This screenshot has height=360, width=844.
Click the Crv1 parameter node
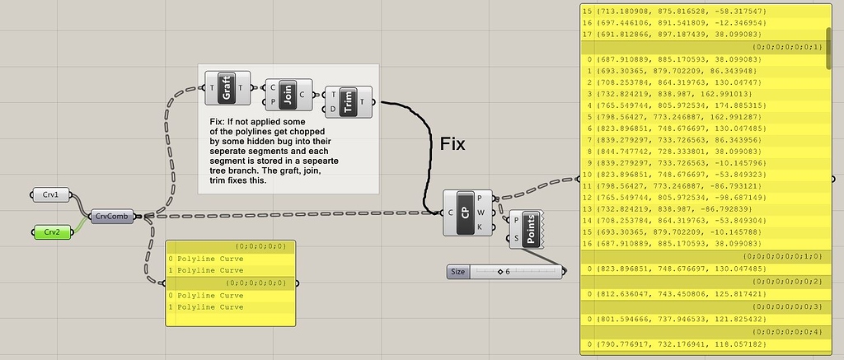coord(51,194)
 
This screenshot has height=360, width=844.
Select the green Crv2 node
coord(51,231)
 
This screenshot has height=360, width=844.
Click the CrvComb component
coord(111,216)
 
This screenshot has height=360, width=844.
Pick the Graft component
coord(226,88)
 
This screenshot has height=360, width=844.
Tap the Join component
coord(288,95)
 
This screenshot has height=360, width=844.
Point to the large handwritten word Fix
coord(452,145)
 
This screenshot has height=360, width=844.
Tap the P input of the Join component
coord(273,101)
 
